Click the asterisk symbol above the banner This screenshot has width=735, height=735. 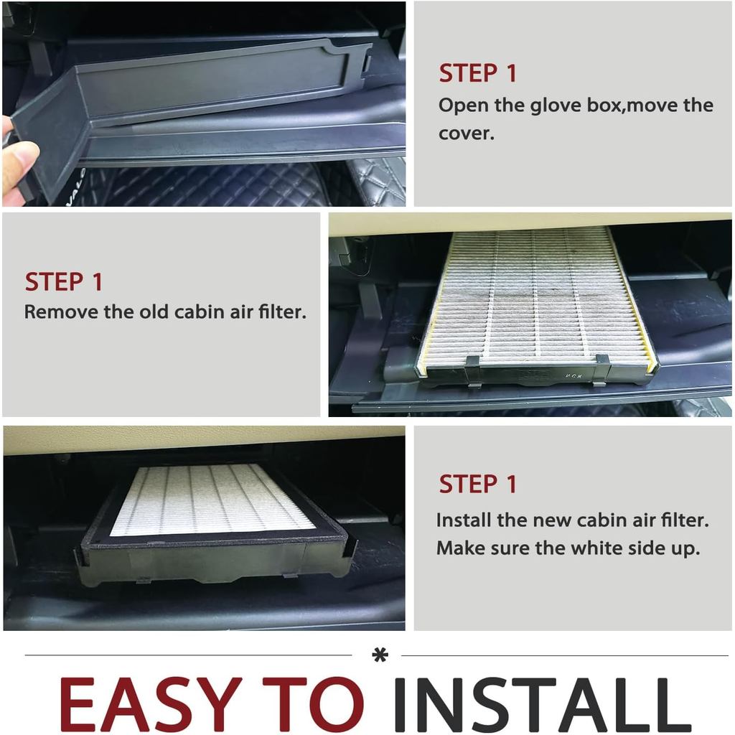point(380,655)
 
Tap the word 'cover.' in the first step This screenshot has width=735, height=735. point(467,134)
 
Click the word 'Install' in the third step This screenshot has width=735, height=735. point(464,520)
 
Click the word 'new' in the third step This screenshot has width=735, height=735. point(552,521)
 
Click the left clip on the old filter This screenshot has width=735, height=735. point(472,370)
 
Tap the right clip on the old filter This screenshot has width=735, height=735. point(601,368)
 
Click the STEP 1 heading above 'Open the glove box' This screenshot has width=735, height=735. point(477,74)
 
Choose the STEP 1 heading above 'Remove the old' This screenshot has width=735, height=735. point(63,281)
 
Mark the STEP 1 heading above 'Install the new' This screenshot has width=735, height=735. point(477,484)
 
